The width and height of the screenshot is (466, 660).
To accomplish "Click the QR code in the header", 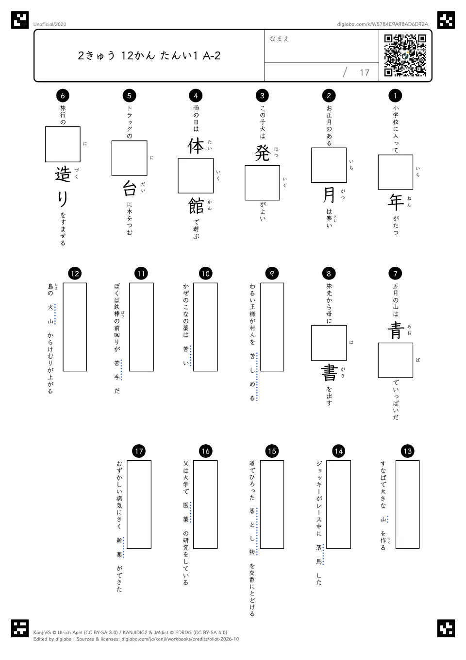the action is [x=405, y=55].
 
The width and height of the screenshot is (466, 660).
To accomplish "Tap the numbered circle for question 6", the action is [x=63, y=95].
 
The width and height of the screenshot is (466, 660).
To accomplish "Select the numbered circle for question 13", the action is [x=407, y=451].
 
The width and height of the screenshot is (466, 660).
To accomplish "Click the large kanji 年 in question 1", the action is [x=396, y=202].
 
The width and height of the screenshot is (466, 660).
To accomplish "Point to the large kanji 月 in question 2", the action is [x=329, y=195].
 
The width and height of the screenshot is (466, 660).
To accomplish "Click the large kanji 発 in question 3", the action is [x=263, y=153].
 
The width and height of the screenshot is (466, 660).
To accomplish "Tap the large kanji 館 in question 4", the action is [x=196, y=206].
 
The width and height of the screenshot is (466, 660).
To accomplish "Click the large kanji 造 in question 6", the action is [x=63, y=174].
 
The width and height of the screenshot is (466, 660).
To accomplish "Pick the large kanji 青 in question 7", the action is [x=396, y=330].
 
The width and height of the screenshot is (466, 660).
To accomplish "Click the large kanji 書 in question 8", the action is [x=329, y=373].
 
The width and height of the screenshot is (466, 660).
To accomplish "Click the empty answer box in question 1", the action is [x=396, y=172].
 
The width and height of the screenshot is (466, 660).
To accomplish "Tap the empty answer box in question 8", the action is [x=329, y=343].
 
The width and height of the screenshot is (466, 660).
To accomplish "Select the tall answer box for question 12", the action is [x=75, y=327].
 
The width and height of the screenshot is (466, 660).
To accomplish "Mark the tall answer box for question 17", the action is [x=139, y=504].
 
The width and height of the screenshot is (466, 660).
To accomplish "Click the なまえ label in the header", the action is [x=280, y=38].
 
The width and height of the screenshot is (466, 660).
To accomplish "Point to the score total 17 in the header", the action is [x=365, y=72].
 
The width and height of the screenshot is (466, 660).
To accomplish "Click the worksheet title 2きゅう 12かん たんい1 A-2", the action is [x=149, y=55].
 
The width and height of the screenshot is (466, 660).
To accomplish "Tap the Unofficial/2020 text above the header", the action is [x=50, y=24].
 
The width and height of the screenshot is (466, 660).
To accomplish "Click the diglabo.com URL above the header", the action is [x=383, y=24].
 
